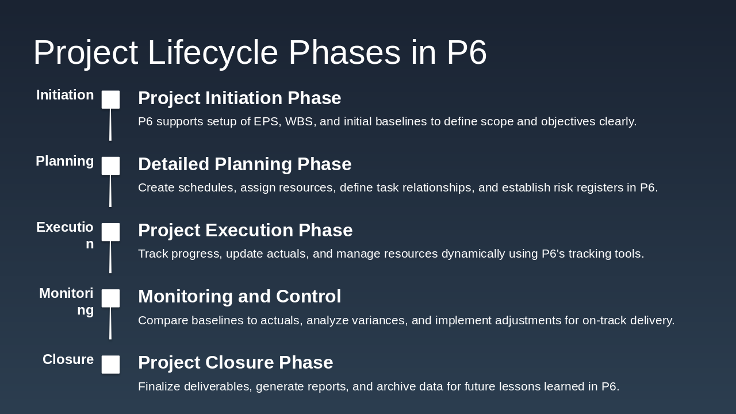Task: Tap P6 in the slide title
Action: [x=466, y=52]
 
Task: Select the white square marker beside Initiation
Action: [x=110, y=99]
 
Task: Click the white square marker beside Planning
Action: [x=110, y=166]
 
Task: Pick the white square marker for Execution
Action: [x=110, y=232]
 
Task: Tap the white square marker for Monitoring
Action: [x=110, y=298]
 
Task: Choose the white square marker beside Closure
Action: [x=110, y=365]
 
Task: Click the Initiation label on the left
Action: [x=65, y=95]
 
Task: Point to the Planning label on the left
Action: [x=65, y=162]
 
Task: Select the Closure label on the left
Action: [x=68, y=359]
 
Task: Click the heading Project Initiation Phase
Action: [x=240, y=98]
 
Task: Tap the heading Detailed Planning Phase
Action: [x=245, y=164]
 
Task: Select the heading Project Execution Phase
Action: [x=246, y=231]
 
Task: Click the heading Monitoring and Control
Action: [x=240, y=296]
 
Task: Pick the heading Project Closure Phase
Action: [x=236, y=363]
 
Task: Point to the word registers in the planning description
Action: [x=600, y=188]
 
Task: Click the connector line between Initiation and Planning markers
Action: [x=110, y=125]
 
